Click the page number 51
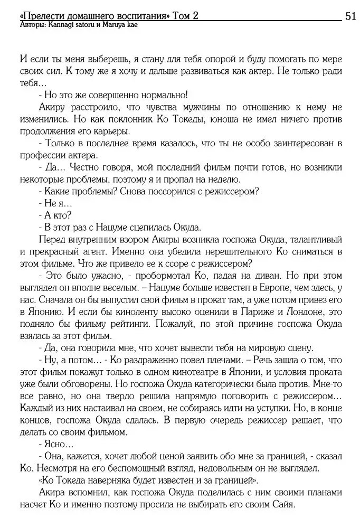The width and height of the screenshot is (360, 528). tap(349, 16)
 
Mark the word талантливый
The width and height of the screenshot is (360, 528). tap(308, 241)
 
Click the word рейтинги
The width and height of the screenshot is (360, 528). tap(135, 326)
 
